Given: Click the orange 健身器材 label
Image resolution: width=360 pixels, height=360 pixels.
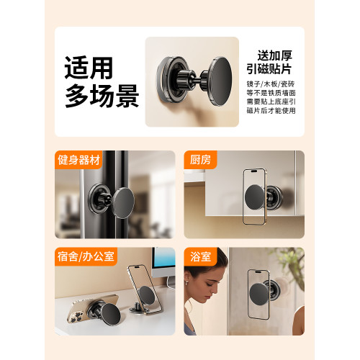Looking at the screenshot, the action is [78, 160].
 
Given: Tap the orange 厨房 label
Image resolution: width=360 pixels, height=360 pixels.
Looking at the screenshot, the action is [200, 160].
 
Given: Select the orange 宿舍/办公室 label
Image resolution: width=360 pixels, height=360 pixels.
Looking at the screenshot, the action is [86, 256].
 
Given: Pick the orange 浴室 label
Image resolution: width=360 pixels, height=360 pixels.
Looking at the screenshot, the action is [200, 256].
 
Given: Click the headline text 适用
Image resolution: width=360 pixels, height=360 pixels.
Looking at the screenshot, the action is [89, 68].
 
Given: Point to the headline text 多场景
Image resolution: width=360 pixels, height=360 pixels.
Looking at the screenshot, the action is [102, 96].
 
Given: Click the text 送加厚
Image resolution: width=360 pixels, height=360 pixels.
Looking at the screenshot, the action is [275, 55].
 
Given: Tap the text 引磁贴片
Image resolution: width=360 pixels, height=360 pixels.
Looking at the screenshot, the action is [269, 69].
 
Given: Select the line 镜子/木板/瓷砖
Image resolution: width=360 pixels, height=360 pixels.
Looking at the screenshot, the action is [271, 84].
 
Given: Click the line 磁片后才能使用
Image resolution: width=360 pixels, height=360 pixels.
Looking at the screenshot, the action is [271, 111].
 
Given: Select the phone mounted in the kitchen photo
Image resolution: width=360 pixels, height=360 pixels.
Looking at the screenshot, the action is [254, 197].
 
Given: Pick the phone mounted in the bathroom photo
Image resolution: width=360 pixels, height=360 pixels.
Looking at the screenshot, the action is [258, 294].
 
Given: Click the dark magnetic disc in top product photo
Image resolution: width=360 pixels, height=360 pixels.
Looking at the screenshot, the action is [220, 81].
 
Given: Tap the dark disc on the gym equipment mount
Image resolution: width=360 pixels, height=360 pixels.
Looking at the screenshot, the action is [123, 203].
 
